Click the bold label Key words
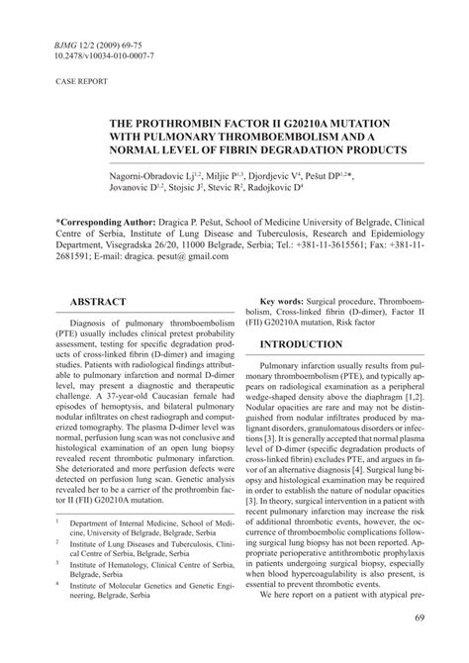(281, 300)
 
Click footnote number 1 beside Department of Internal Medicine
(58, 546)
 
